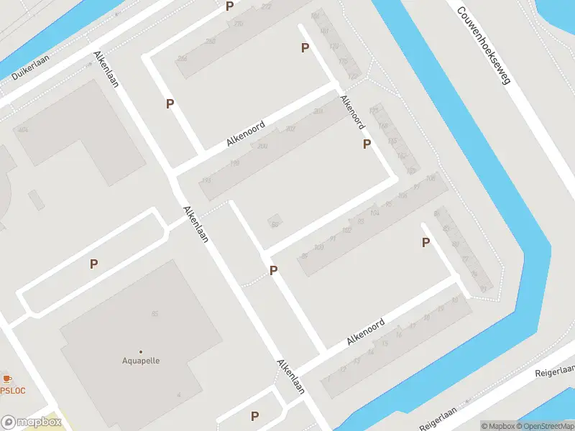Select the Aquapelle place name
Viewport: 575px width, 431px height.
[140, 361]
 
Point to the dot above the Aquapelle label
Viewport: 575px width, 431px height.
[140, 351]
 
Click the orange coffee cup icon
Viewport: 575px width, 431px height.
[6, 378]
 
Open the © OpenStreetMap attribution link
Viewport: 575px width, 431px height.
[545, 426]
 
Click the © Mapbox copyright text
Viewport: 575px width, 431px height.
[497, 426]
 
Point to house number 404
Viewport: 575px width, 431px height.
[23, 130]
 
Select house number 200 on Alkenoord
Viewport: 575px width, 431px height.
[262, 146]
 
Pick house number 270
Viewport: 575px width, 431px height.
[239, 24]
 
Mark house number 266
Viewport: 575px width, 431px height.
[210, 42]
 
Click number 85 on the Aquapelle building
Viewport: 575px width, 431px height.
[155, 314]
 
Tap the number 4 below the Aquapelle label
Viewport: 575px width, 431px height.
[178, 394]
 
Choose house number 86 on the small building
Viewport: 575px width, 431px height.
[275, 224]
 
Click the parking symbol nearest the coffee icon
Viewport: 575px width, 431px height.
[93, 264]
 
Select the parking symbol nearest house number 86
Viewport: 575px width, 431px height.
[273, 270]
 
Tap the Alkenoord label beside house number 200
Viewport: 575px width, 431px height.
[246, 134]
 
